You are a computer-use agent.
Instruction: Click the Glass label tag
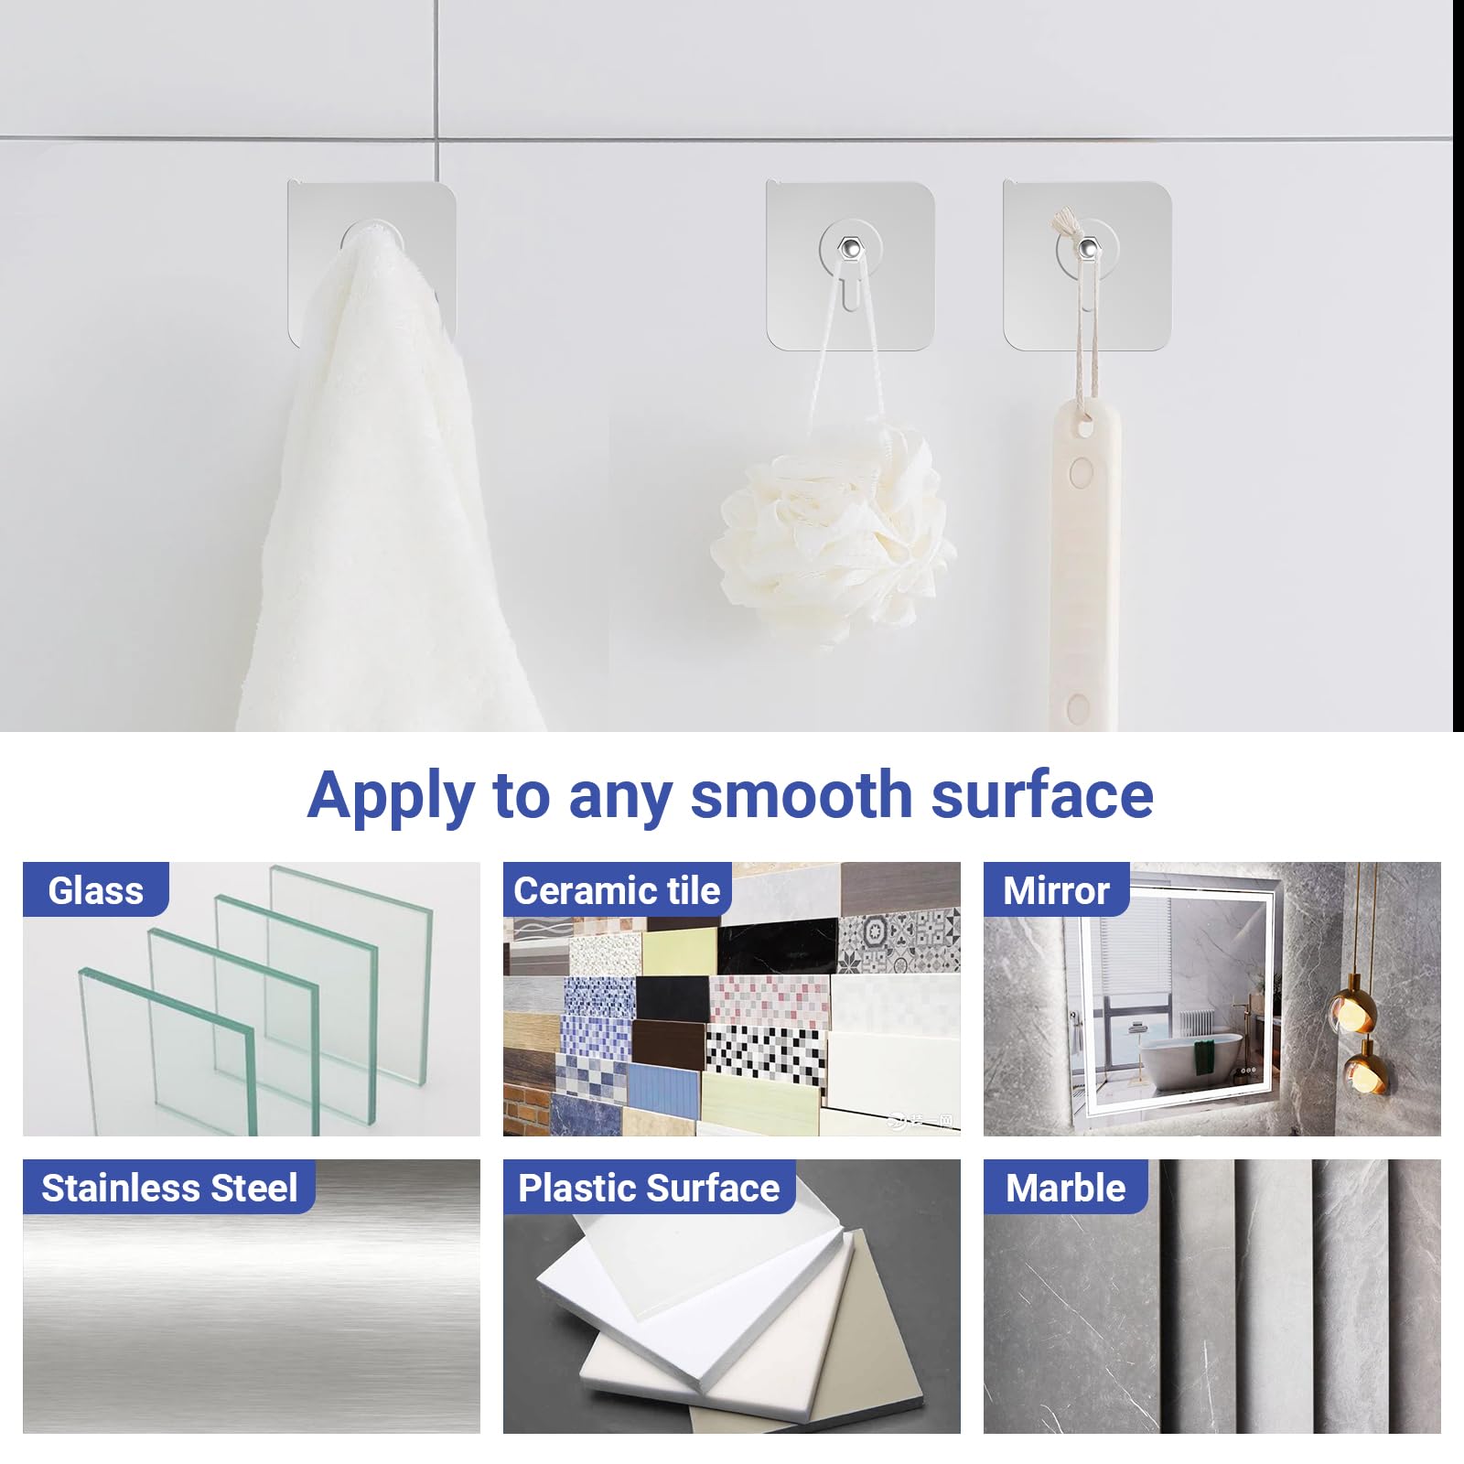(96, 889)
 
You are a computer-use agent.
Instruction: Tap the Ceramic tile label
(617, 889)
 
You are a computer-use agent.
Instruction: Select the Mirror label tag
(1056, 889)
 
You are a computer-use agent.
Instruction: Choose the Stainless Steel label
(169, 1187)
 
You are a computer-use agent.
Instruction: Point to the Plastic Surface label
(649, 1187)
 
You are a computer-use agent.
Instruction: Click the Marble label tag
(1065, 1187)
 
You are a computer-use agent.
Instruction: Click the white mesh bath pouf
(833, 535)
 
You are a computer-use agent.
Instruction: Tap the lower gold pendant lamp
(1362, 1067)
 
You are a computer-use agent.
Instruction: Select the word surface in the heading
(1042, 794)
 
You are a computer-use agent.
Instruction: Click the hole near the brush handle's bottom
(1079, 706)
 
